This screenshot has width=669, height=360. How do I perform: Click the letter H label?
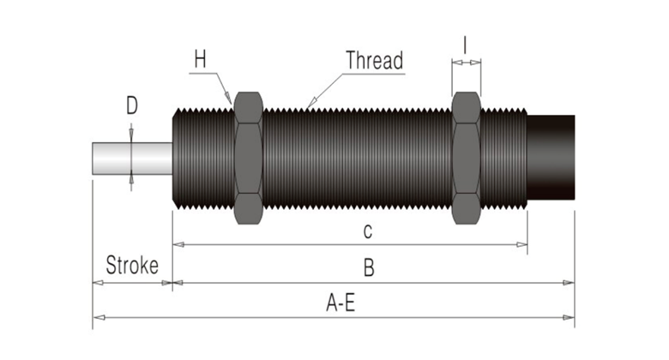click(201, 59)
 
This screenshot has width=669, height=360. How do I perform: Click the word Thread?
click(374, 60)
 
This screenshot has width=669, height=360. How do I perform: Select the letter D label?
click(131, 106)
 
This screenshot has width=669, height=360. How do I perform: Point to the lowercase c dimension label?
click(366, 230)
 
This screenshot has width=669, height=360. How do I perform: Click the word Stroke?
click(132, 266)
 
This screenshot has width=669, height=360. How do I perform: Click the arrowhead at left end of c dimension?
click(178, 244)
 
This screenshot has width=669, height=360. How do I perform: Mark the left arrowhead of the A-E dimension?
click(97, 317)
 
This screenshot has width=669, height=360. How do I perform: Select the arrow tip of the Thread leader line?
click(307, 107)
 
